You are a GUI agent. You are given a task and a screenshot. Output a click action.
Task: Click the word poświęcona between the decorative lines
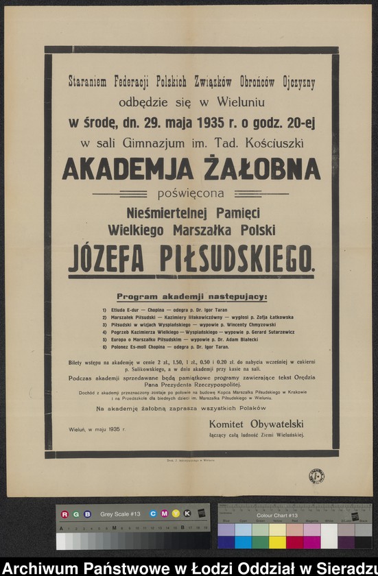point(191,193)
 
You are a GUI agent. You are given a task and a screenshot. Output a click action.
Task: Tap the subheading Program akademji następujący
point(191,297)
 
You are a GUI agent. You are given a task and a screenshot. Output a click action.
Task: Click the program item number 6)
point(104,348)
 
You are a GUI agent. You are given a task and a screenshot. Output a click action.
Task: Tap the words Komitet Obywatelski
point(256,424)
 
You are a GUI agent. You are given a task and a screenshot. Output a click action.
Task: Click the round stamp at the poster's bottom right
point(316,476)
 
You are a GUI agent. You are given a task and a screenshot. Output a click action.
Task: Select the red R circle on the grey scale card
point(64,514)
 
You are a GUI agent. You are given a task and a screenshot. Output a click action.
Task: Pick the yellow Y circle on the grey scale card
point(175,514)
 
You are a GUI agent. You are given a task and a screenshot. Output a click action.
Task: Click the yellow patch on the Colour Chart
point(277,542)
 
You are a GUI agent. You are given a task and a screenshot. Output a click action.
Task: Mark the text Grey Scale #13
point(120,514)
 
